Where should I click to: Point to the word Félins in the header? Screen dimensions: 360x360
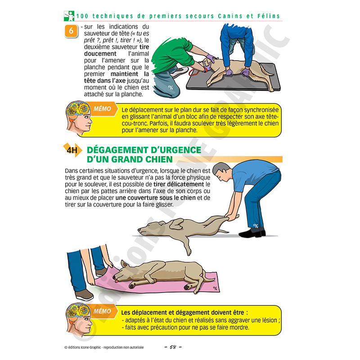pyautogui.click(x=269, y=16)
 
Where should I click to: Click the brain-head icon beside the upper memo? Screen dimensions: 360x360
pyautogui.click(x=79, y=119)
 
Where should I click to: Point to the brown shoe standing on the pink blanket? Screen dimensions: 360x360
pyautogui.click(x=84, y=294)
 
